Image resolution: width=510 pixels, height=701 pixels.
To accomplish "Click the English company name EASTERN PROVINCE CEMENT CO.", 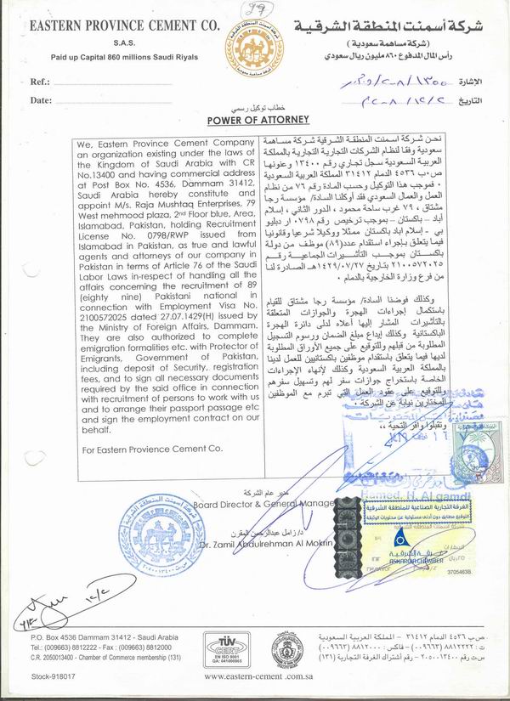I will tap(113, 26).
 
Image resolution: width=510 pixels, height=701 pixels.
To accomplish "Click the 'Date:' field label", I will tap(42, 100).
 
